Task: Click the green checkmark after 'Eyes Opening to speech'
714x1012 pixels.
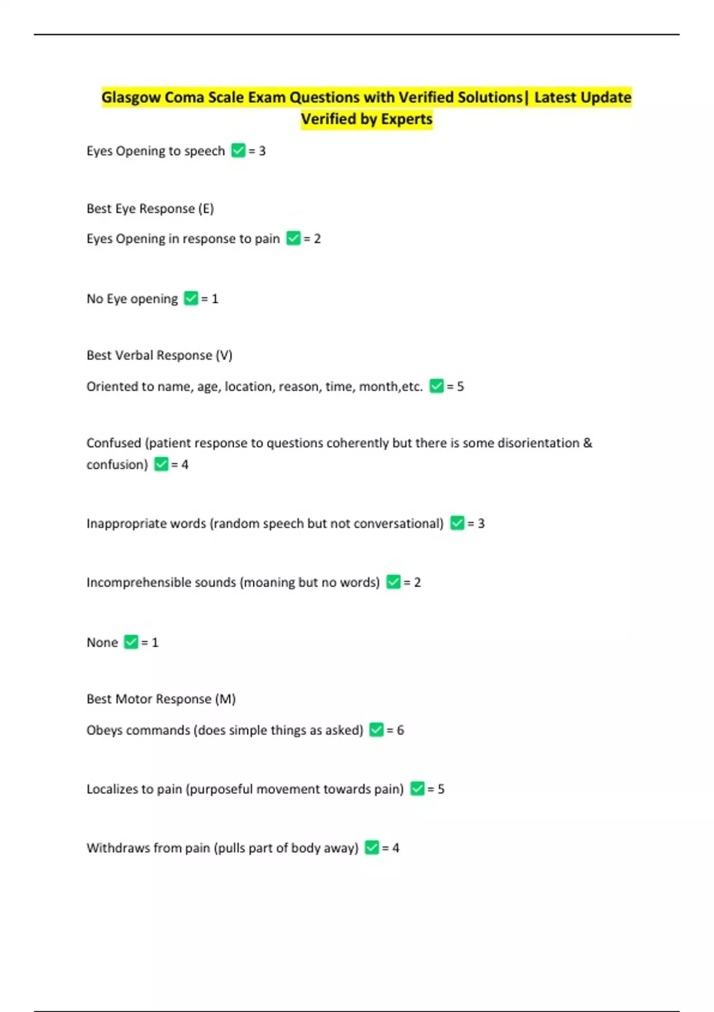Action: click(x=238, y=151)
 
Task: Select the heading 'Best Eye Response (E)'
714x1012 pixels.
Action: click(x=150, y=208)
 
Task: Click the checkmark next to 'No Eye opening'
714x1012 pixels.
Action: click(x=190, y=298)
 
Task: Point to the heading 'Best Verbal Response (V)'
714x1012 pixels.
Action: click(x=159, y=355)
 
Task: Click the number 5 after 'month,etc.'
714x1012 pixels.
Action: click(x=460, y=386)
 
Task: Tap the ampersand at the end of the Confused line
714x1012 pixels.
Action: click(x=587, y=443)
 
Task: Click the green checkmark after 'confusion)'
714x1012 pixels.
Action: click(x=161, y=464)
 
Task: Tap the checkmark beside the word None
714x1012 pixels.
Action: click(x=131, y=642)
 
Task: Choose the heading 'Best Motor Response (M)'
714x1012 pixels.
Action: click(x=161, y=699)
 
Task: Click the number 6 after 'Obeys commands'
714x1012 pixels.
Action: click(x=400, y=730)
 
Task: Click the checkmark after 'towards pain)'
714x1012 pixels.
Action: click(x=417, y=789)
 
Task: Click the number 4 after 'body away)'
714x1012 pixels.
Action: click(x=396, y=848)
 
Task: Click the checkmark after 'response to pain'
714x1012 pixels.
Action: click(x=293, y=239)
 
